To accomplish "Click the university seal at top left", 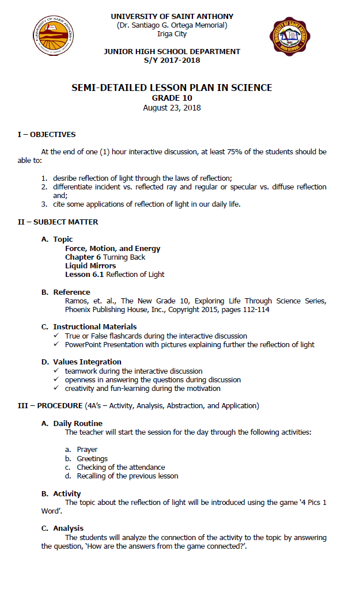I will tap(53, 36).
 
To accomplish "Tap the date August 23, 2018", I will tap(172, 108).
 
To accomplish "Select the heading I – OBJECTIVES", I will tap(46, 135).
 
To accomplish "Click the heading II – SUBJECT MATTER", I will tap(58, 222).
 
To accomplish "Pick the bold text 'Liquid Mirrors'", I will tap(90, 266).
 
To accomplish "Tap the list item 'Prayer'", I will tap(87, 450).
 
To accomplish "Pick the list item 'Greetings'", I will tap(92, 458).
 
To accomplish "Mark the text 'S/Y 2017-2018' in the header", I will tap(172, 59).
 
